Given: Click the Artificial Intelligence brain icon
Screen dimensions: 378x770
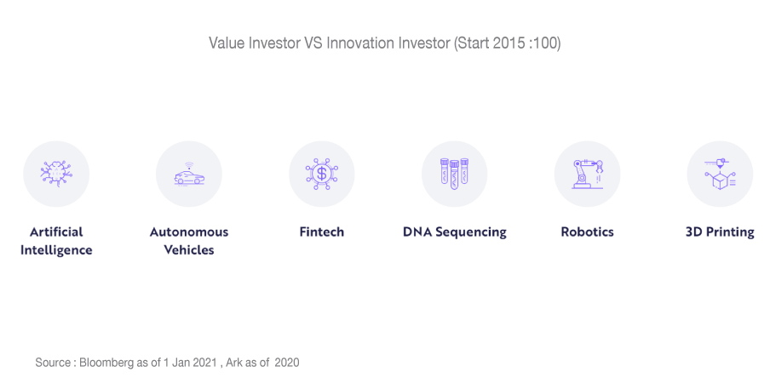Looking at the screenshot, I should click(56, 174).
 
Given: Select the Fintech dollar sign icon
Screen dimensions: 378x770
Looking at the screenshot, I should click(322, 174).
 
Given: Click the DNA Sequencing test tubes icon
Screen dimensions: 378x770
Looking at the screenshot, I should click(455, 174).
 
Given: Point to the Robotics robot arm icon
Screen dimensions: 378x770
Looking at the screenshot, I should click(588, 174).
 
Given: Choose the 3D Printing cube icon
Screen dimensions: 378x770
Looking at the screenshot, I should click(720, 174).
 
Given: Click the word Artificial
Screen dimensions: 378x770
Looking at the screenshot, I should click(56, 232).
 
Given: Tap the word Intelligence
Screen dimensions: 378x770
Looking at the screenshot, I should click(56, 250).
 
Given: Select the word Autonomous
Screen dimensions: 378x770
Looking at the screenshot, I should click(189, 232).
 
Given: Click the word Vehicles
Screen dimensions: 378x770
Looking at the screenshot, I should click(189, 250).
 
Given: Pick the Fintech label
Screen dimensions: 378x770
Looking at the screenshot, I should click(322, 232).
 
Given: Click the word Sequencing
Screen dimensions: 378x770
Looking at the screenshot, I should click(472, 232).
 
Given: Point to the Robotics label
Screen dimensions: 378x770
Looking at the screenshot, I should click(587, 232).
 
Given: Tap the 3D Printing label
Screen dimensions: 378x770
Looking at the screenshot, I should click(720, 232).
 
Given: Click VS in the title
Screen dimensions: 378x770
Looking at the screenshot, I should click(313, 43).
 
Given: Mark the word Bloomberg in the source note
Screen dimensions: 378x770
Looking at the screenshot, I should click(107, 363).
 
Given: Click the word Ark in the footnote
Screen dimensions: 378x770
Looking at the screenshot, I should click(236, 363).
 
